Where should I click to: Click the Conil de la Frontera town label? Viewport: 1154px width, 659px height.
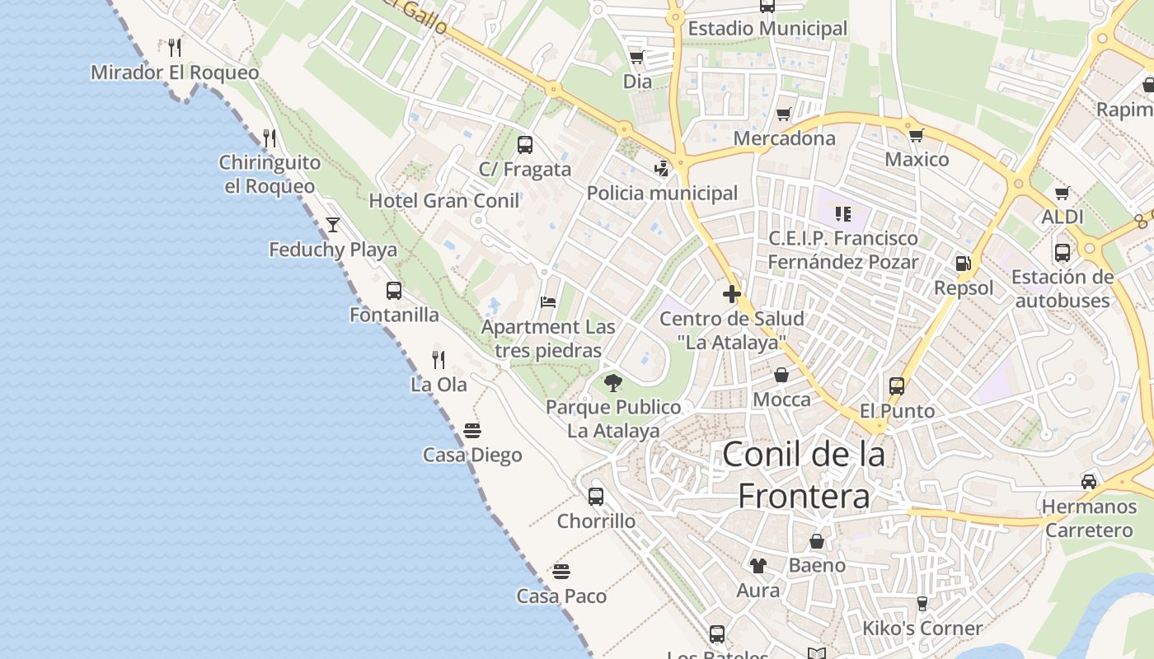click(x=804, y=475)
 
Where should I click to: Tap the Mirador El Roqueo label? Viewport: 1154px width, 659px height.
click(x=175, y=72)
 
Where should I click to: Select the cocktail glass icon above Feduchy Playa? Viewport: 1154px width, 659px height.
click(x=333, y=224)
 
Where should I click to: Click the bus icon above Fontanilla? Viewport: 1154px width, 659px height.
click(x=394, y=290)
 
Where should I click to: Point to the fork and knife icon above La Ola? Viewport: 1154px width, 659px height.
click(x=439, y=359)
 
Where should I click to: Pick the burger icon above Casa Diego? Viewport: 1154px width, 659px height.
click(x=472, y=430)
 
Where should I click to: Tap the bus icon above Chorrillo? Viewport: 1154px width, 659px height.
click(x=596, y=496)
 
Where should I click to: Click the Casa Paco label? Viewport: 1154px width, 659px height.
click(x=561, y=596)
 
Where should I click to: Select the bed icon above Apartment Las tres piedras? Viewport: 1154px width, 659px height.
click(x=548, y=302)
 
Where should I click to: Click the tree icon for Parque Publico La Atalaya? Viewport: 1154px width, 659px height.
click(x=612, y=382)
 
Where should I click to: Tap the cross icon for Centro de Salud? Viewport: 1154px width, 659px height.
click(x=731, y=293)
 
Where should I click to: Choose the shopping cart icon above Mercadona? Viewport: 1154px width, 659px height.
click(x=784, y=114)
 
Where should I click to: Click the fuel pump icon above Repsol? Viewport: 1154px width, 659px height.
click(x=962, y=264)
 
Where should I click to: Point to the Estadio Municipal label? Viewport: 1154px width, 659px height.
click(x=767, y=29)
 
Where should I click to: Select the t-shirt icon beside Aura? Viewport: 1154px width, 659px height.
click(x=758, y=565)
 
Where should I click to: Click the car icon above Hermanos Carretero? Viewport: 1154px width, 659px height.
click(x=1089, y=481)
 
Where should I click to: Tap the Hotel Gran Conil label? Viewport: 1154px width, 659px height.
click(x=443, y=201)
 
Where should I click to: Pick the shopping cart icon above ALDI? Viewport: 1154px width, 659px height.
click(x=1062, y=193)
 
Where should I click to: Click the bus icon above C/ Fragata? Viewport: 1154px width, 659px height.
click(x=525, y=145)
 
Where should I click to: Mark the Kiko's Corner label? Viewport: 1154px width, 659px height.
click(x=922, y=629)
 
